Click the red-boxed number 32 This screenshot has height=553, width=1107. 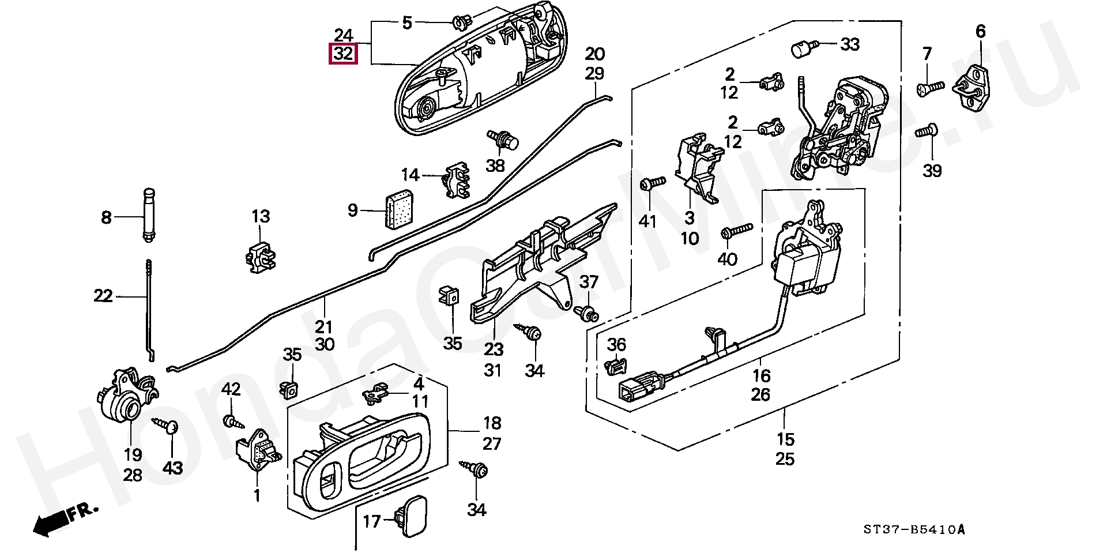343,54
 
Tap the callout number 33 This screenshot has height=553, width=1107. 849,44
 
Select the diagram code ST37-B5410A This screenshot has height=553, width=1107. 913,530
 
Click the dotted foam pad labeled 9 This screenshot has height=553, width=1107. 399,208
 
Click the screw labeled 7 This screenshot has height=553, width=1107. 929,88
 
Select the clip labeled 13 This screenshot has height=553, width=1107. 260,257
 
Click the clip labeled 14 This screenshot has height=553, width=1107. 457,178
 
